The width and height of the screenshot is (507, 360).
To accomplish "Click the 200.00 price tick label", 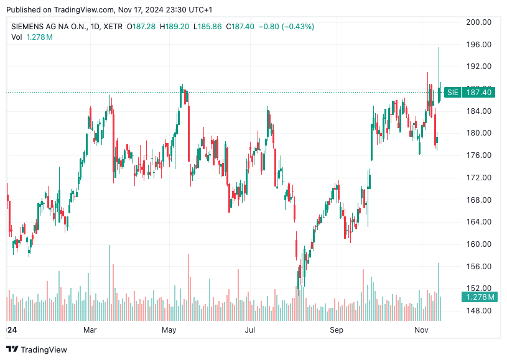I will (479, 22).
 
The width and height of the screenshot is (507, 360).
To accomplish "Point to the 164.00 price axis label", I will (479, 222).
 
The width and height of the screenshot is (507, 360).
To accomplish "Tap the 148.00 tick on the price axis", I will (479, 311).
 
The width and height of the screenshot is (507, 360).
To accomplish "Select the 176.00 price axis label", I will (479, 155).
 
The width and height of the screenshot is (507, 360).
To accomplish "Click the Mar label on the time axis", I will (90, 329).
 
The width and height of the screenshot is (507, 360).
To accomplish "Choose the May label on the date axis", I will (169, 329).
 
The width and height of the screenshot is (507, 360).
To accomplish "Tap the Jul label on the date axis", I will (250, 329).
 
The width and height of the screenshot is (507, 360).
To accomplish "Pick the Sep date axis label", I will (337, 329).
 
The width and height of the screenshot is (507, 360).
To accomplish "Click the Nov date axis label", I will (422, 329).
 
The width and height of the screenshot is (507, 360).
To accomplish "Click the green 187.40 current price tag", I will (479, 93).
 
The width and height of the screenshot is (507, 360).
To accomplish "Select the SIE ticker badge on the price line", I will (452, 93).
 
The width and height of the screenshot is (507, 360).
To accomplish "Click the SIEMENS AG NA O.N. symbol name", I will (49, 27).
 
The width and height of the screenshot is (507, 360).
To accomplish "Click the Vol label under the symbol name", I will (17, 37).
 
